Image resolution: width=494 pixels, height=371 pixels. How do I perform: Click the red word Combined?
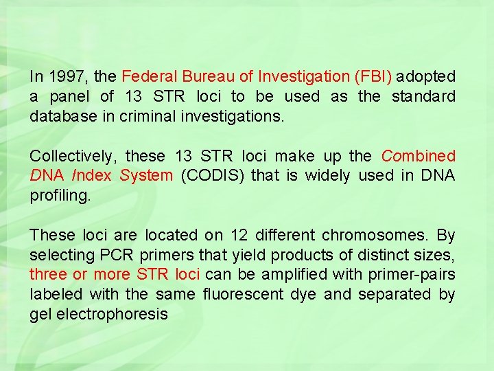tap(419, 156)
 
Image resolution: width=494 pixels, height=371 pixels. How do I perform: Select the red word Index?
tap(91, 176)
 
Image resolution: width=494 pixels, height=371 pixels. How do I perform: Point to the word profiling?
tap(60, 196)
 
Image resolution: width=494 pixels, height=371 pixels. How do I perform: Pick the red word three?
tap(48, 275)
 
